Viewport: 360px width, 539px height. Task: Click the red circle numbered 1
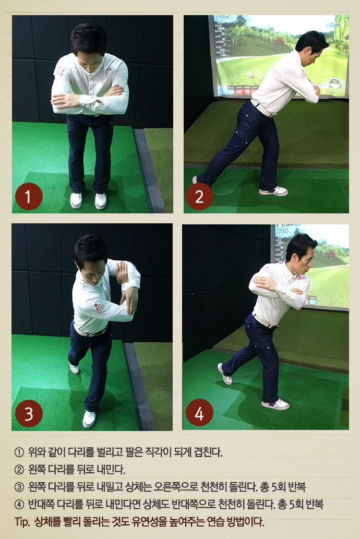[29, 197]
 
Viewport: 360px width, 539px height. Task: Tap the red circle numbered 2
[199, 197]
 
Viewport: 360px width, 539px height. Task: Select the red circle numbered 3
[29, 413]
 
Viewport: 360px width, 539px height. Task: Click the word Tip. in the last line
[22, 522]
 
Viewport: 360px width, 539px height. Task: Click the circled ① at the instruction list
[19, 452]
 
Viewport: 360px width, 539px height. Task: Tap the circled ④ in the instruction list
[19, 505]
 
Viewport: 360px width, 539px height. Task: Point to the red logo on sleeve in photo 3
[98, 306]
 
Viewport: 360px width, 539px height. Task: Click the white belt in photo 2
[262, 108]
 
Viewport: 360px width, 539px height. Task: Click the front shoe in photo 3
[89, 418]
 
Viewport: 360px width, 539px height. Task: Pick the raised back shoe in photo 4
[224, 374]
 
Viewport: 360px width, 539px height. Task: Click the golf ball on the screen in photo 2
[250, 74]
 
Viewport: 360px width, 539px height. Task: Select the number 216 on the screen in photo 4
[282, 231]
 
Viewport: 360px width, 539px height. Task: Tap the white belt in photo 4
[264, 321]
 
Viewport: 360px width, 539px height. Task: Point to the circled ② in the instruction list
[19, 469]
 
